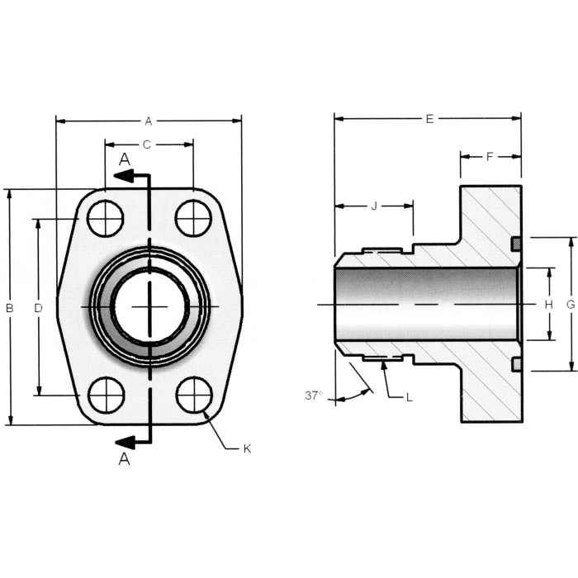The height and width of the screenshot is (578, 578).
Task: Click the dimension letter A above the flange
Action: click(149, 121)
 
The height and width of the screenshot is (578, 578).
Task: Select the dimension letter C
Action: click(147, 145)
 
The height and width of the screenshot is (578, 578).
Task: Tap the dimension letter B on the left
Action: click(9, 308)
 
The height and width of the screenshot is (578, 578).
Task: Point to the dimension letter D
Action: click(38, 308)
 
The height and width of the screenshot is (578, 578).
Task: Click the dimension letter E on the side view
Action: click(429, 119)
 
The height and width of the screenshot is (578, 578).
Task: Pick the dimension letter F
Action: click(489, 156)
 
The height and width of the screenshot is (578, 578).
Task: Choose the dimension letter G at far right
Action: click(571, 305)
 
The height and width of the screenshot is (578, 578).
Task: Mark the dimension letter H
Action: click(548, 305)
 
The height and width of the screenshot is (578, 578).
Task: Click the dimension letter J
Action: click(373, 206)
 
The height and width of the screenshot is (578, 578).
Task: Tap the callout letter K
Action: click(246, 448)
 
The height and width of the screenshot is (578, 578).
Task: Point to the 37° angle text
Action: click(314, 396)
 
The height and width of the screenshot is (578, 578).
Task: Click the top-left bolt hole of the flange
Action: click(107, 219)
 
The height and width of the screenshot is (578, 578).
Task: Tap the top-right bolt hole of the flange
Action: click(193, 219)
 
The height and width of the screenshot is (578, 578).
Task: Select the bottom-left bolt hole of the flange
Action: click(107, 395)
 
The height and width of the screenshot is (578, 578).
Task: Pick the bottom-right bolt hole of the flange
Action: click(194, 395)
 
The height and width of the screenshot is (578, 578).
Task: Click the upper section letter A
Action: click(124, 158)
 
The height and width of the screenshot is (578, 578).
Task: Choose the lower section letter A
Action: click(124, 459)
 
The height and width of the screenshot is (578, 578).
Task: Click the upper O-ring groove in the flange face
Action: click(515, 244)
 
